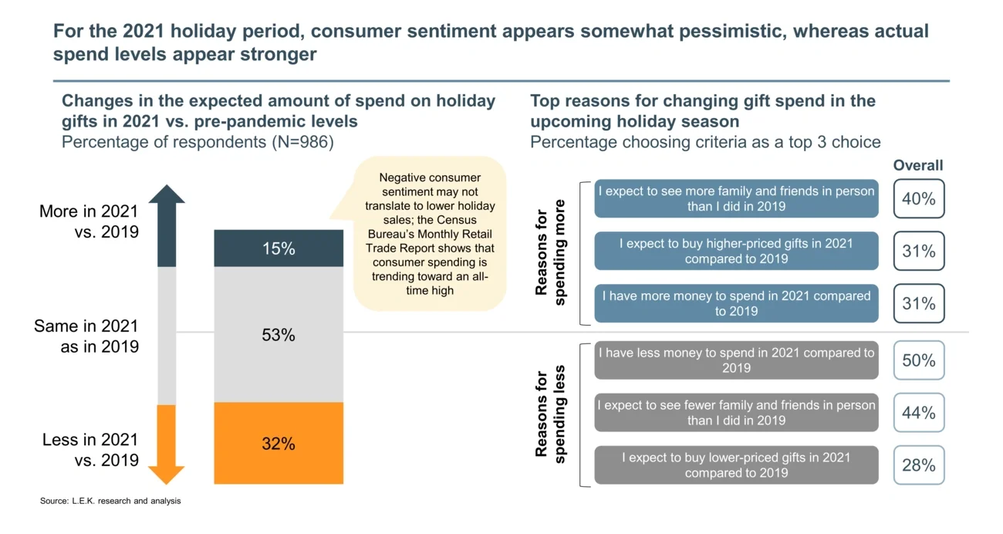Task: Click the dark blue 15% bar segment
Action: coord(279,248)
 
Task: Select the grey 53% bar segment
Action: coord(279,335)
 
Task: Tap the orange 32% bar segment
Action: coord(279,444)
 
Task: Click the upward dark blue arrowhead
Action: coord(167,194)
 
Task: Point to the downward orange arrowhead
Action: coord(167,474)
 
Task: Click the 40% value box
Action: coord(918,199)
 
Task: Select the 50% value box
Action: coord(918,360)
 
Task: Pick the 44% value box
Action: coord(918,413)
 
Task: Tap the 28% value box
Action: coord(918,465)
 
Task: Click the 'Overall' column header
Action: coord(918,165)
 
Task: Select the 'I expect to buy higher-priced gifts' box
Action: coord(736,251)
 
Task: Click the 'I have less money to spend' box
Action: coord(736,360)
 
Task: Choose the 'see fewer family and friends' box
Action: coord(736,413)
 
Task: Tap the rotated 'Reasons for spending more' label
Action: coord(552,252)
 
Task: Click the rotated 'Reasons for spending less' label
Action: coord(552,413)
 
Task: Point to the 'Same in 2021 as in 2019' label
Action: coord(86,336)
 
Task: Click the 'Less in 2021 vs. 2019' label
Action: coord(89,450)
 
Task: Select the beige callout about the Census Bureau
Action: coord(430,234)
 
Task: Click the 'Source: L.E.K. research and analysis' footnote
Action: coord(110,502)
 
